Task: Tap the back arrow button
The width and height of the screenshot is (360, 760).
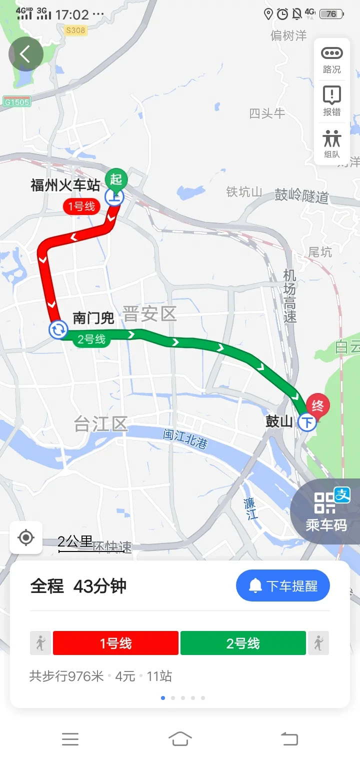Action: pos(26,54)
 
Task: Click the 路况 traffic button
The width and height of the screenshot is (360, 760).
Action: pos(331,59)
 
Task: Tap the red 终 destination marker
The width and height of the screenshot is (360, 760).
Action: pos(317,405)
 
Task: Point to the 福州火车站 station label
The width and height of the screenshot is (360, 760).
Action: pos(65,185)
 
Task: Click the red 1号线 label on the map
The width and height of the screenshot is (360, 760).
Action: pos(81,206)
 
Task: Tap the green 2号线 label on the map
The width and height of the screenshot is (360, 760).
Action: pos(91,339)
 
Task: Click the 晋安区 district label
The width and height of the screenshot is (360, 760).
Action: pos(149,314)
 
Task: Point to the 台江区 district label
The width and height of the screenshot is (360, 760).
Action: pos(100,424)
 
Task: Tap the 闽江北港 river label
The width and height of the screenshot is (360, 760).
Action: pos(185,438)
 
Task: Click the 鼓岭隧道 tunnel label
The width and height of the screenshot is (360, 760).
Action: pos(301,195)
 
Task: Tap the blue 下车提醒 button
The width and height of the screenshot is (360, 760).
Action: pos(282,585)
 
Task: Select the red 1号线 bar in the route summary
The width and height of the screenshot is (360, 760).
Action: pos(115,643)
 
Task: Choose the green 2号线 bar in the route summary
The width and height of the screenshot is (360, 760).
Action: pos(243,643)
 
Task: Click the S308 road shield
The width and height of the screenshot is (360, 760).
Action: pos(75,30)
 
